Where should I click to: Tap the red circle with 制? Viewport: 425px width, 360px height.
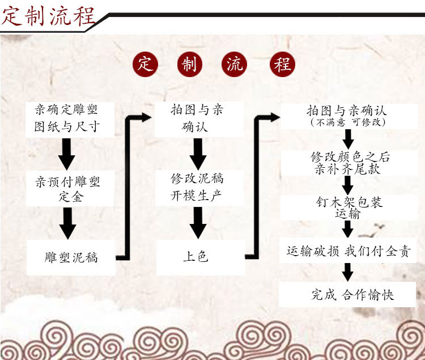pos(189,64)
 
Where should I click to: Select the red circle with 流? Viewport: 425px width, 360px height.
pos(235,64)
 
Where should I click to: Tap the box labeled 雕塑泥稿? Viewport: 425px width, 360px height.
pos(71,257)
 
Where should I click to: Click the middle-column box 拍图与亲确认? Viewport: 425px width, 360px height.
pos(197,117)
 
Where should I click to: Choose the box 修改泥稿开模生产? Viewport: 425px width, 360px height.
pos(197,187)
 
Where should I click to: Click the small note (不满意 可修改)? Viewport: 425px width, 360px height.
pos(347,122)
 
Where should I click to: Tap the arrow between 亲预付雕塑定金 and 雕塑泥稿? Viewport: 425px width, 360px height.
pos(68,223)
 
